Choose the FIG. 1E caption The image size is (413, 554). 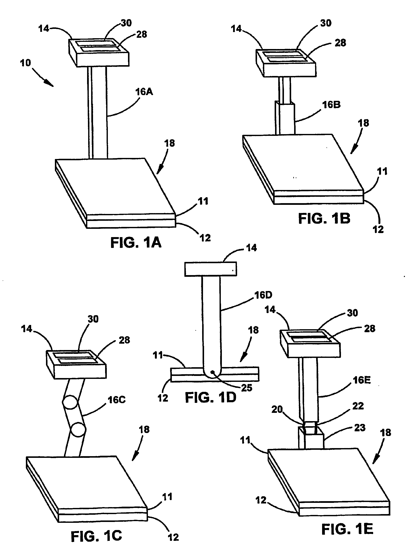pos(347,529)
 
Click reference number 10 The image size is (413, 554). pos(25,63)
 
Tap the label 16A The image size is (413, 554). pos(144,92)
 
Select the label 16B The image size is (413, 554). pos(331,105)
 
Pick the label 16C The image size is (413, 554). pos(117,400)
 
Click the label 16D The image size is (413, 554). pos(263,295)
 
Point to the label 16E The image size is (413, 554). pos(362,380)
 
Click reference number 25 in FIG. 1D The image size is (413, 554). pos(246,388)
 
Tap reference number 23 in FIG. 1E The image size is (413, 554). pos(360,428)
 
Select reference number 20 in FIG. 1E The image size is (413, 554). pos(277,409)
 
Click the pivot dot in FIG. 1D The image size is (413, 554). pos(212,372)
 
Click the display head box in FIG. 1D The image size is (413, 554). pos(210,269)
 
